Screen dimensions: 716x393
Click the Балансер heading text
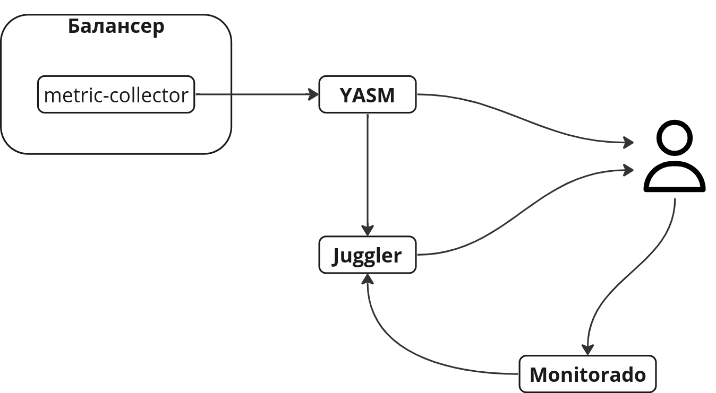[x=116, y=26]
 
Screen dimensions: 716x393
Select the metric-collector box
[x=116, y=94]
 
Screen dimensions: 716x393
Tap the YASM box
[x=367, y=95]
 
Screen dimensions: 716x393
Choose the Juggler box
[x=367, y=255]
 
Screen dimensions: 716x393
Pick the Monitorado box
[x=587, y=374]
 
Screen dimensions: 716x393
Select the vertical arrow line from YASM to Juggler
[x=368, y=170]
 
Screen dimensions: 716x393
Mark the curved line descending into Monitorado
[x=632, y=276]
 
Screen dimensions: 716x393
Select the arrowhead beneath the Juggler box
[x=368, y=279]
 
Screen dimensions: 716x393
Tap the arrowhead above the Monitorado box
[x=587, y=350]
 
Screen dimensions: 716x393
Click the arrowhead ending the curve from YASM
[x=629, y=143]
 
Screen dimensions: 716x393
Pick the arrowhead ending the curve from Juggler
[x=629, y=170]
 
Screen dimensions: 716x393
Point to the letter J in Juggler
[x=338, y=256]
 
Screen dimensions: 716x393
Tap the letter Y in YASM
[x=346, y=96]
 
